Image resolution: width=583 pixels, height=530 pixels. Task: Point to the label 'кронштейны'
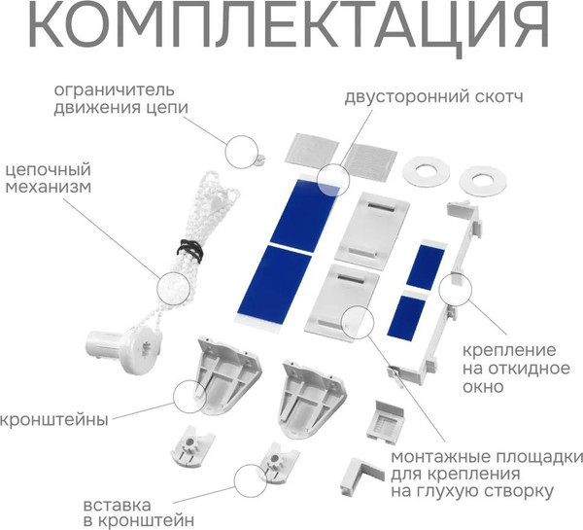(53, 419)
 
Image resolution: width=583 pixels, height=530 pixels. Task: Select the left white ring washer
(424, 170)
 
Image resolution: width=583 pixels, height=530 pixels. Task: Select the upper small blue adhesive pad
(426, 265)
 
